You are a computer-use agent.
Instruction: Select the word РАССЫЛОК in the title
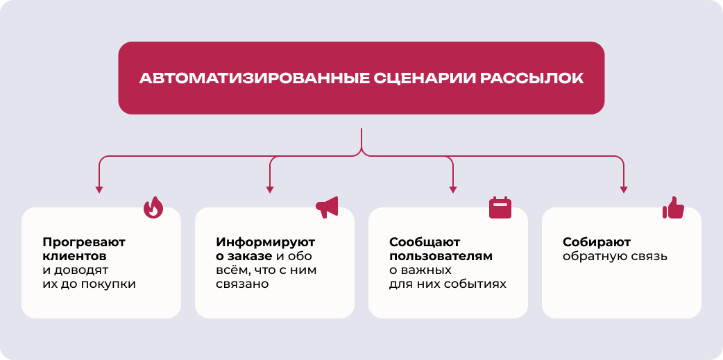531,78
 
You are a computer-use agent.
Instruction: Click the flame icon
153,208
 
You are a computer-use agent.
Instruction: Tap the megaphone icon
327,207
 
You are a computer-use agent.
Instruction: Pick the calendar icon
500,207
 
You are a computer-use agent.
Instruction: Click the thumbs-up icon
673,207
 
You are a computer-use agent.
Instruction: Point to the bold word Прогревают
84,243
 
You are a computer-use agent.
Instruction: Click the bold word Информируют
266,243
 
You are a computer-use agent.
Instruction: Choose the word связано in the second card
242,284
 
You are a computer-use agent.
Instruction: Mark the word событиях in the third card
478,284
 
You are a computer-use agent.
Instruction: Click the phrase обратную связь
615,257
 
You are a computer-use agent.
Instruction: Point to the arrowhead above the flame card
99,189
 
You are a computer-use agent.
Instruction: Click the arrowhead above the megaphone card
270,189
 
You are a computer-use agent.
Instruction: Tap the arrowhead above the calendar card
453,189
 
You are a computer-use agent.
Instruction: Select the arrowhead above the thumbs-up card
624,189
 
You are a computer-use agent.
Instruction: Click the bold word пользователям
441,257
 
